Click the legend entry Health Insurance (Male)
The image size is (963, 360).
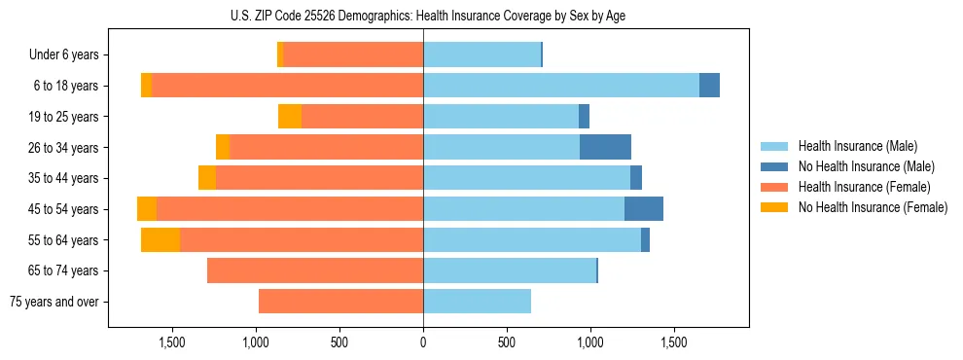[856, 147]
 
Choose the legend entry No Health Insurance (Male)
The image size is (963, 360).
[866, 167]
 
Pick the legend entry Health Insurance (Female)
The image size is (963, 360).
[864, 187]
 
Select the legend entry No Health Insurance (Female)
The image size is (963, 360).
[873, 207]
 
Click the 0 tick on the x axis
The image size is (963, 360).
[423, 342]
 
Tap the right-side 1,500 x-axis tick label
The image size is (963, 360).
[674, 342]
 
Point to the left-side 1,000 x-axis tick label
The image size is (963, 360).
[256, 342]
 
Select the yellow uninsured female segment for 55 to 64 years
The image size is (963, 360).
[160, 239]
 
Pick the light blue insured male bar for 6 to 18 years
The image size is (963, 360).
[561, 86]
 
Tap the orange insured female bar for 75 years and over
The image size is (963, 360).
[340, 302]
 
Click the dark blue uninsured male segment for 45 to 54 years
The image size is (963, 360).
[644, 209]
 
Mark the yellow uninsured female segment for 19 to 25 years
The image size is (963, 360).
[290, 117]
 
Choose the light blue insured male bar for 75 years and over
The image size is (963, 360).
[477, 302]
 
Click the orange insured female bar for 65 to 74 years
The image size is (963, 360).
[315, 270]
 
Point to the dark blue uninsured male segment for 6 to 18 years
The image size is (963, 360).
[709, 86]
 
